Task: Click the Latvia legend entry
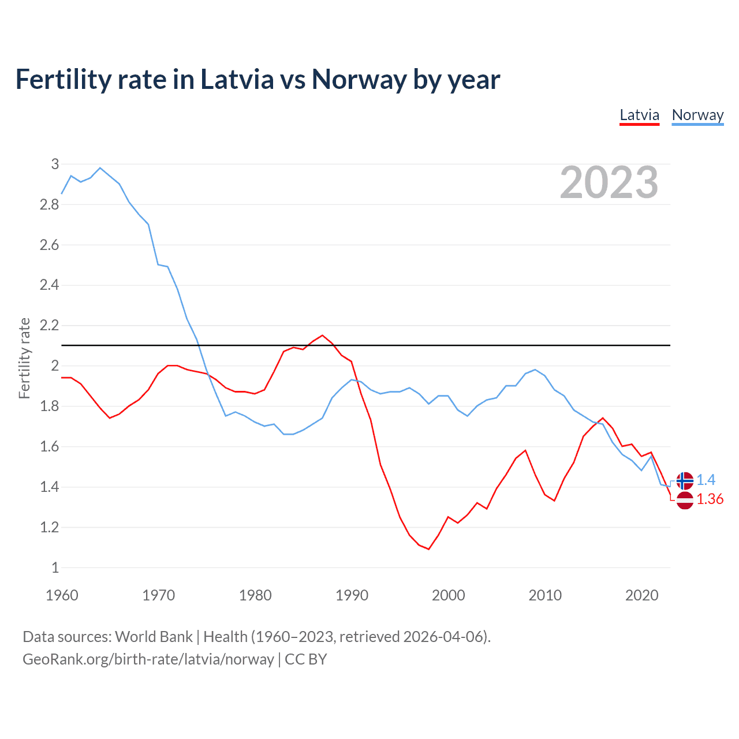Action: pyautogui.click(x=639, y=115)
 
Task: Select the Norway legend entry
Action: pyautogui.click(x=697, y=115)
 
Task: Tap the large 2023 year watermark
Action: pyautogui.click(x=609, y=182)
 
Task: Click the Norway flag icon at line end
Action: pyautogui.click(x=685, y=480)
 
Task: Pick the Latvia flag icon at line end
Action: pyautogui.click(x=685, y=500)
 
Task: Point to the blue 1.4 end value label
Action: pyautogui.click(x=706, y=480)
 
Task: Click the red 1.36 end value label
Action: pyautogui.click(x=710, y=499)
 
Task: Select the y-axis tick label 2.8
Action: pyautogui.click(x=49, y=204)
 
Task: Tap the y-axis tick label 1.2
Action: pyautogui.click(x=49, y=527)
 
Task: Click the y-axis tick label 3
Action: pyautogui.click(x=55, y=164)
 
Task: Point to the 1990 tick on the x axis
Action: pyautogui.click(x=352, y=595)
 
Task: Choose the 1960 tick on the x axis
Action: pyautogui.click(x=62, y=595)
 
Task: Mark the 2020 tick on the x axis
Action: pyautogui.click(x=641, y=595)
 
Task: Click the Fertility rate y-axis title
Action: pyautogui.click(x=24, y=358)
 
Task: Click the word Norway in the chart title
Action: pyautogui.click(x=359, y=79)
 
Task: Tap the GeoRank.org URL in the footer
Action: pyautogui.click(x=148, y=659)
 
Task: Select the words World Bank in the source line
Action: pyautogui.click(x=154, y=637)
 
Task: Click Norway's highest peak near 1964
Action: pyautogui.click(x=100, y=168)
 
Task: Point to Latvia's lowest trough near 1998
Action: pyautogui.click(x=428, y=549)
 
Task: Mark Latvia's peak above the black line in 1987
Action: pyautogui.click(x=322, y=335)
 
